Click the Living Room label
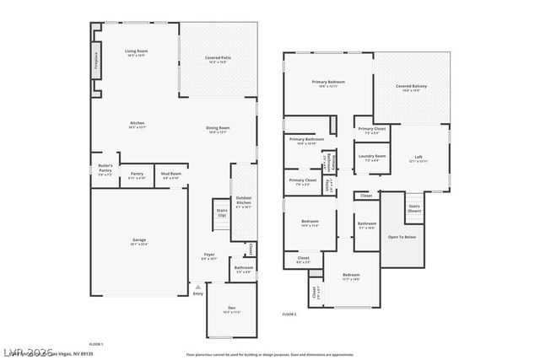click(x=137, y=53)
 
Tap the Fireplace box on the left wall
click(x=97, y=63)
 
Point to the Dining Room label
click(x=218, y=129)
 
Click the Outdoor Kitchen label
click(x=244, y=203)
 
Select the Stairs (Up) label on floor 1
click(x=222, y=213)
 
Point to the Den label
click(x=231, y=309)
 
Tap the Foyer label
click(x=209, y=256)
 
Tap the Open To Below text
click(x=401, y=237)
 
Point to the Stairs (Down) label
click(x=414, y=207)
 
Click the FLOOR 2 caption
click(x=289, y=314)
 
